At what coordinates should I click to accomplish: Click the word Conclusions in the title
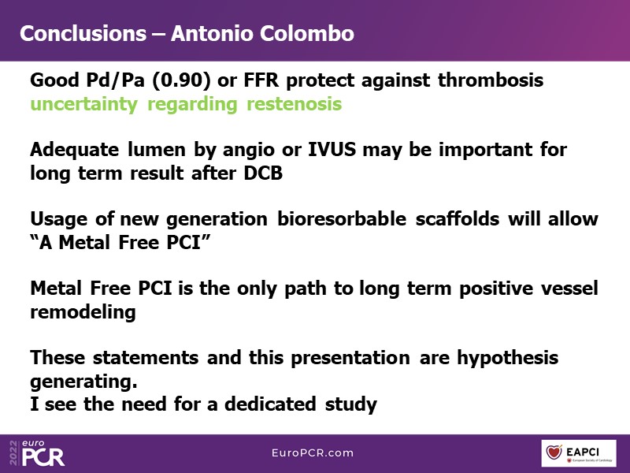83,33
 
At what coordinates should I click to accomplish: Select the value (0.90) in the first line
181,80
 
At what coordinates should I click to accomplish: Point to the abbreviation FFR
261,80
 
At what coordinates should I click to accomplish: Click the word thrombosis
491,80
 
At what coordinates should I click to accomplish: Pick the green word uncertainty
84,104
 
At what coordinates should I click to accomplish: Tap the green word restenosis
294,104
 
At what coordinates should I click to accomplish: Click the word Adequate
74,150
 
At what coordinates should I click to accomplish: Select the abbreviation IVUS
332,149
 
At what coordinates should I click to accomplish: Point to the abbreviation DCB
263,173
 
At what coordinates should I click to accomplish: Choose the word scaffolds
458,219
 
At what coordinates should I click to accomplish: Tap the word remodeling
83,312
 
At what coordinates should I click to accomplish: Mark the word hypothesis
508,358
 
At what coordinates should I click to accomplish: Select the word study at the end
351,404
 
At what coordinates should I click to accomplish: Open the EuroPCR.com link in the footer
313,453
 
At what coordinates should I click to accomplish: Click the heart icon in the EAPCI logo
554,453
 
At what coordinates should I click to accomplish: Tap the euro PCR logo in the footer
43,453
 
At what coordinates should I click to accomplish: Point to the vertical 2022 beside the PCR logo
13,453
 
